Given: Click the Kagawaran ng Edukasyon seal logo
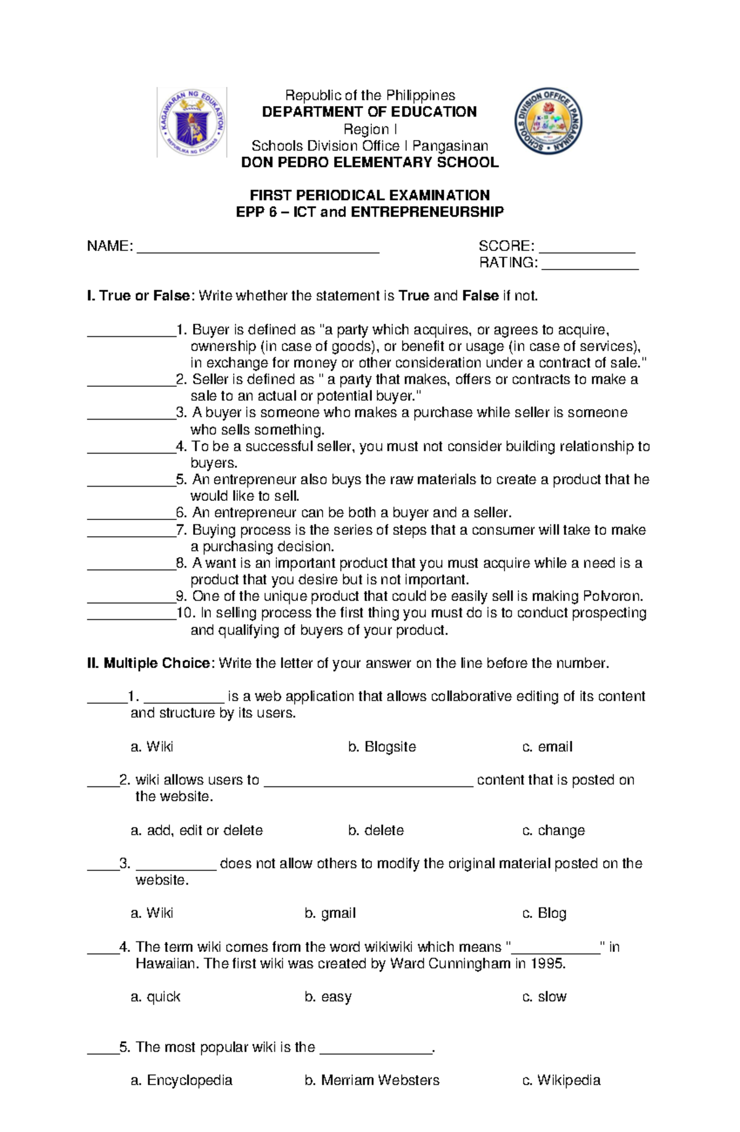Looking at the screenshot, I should click(x=192, y=122).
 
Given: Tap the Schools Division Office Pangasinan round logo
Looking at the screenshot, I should click(x=548, y=121).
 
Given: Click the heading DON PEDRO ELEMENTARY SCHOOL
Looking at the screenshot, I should click(x=369, y=163).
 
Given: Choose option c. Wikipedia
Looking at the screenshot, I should click(x=561, y=1080).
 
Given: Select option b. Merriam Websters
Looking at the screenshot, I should click(x=372, y=1080).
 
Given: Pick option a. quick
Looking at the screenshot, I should click(x=155, y=997).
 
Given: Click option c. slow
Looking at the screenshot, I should click(x=544, y=997).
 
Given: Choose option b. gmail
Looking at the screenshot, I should click(x=330, y=913).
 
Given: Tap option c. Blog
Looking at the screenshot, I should click(x=544, y=913).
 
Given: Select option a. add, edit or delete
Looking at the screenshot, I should click(x=197, y=830).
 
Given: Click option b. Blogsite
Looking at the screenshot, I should click(x=382, y=747).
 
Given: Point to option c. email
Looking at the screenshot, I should click(x=547, y=747).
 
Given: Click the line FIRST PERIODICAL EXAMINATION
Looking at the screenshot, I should click(x=369, y=196).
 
